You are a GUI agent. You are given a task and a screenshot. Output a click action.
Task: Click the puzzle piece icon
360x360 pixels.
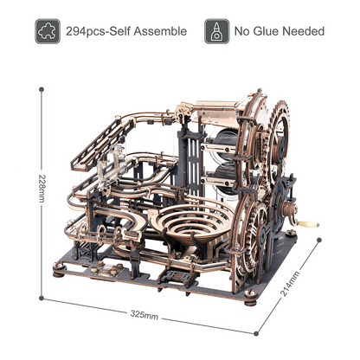(47, 30)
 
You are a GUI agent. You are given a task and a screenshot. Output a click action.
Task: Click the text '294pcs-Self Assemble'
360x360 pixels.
(127, 31)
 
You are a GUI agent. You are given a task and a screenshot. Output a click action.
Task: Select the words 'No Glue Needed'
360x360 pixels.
(280, 31)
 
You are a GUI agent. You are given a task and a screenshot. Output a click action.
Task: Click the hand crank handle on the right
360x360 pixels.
(309, 224)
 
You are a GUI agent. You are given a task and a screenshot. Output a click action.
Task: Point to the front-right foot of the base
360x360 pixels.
(250, 304)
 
